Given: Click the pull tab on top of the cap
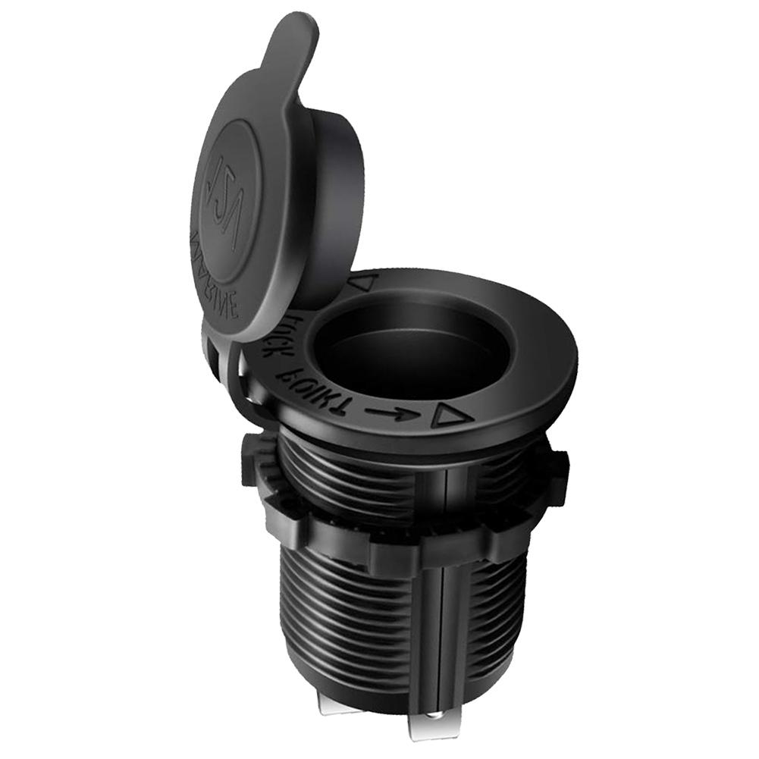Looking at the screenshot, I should click(x=292, y=42).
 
